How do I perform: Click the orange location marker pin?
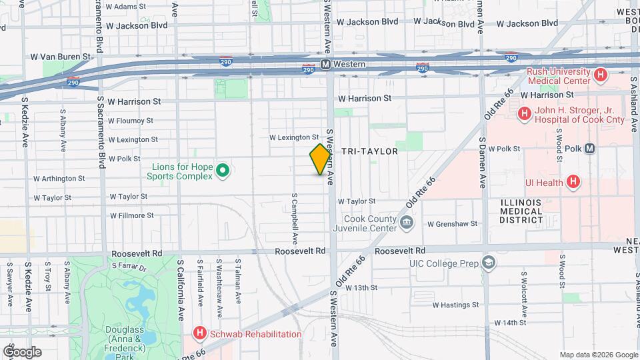(x=321, y=159)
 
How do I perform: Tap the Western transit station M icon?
(x=326, y=65)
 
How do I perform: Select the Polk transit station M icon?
(x=590, y=149)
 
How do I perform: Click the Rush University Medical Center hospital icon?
(x=601, y=75)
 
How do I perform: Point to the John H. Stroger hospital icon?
(x=524, y=114)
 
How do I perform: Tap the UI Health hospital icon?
(x=573, y=181)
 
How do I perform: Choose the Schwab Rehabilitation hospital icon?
(x=199, y=333)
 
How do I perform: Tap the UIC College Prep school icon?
(x=489, y=263)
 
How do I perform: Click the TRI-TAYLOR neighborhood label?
(x=369, y=151)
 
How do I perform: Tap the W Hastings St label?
(x=456, y=305)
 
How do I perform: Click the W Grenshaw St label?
(x=453, y=224)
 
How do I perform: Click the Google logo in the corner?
(x=22, y=351)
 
